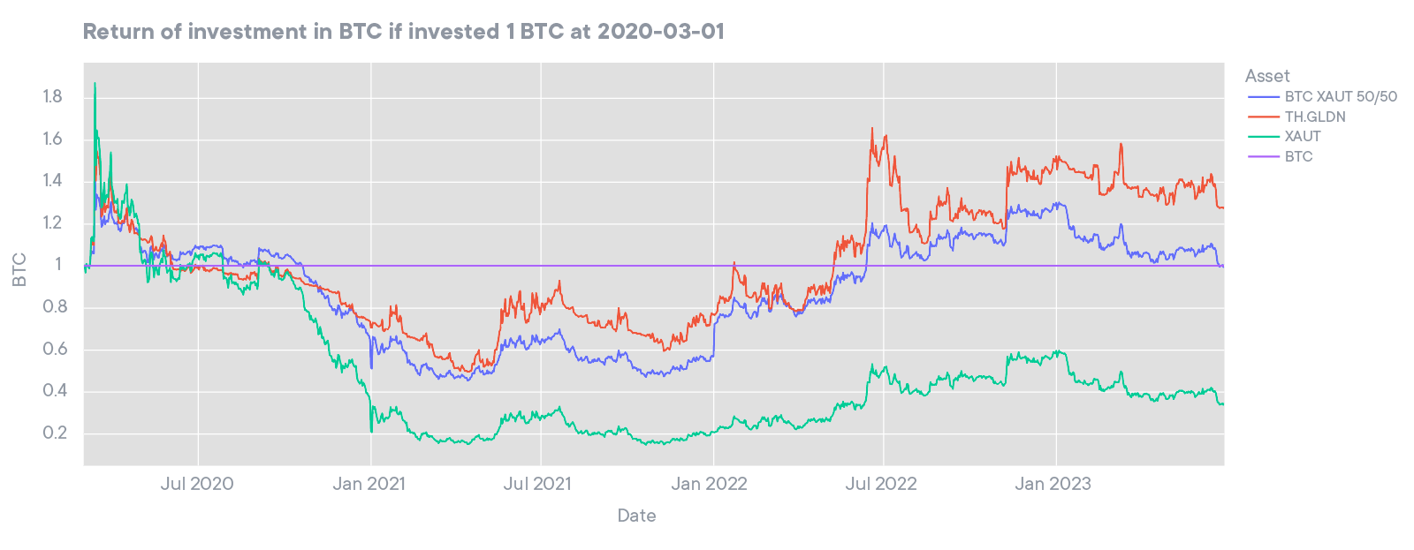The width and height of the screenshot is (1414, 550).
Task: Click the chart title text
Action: [x=403, y=32]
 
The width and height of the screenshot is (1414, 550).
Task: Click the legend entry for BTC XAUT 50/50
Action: [x=1340, y=96]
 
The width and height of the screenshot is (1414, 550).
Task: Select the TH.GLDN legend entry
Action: [x=1314, y=117]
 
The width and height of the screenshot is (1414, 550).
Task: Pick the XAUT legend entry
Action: [x=1302, y=136]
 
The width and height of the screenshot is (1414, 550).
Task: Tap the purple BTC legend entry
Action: [x=1298, y=156]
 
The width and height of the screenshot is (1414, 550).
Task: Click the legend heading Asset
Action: [x=1267, y=76]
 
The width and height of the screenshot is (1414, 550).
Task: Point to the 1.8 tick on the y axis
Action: [x=52, y=96]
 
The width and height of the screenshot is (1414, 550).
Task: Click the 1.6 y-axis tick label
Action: [x=52, y=139]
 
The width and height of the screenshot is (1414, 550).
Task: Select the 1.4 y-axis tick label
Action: [x=52, y=181]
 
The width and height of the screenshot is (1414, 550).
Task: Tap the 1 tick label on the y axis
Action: [x=58, y=265]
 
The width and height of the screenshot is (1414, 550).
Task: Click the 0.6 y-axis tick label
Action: [x=52, y=349]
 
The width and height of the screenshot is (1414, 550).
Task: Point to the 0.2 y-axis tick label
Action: [x=52, y=433]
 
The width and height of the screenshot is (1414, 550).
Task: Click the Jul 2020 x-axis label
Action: [x=197, y=484]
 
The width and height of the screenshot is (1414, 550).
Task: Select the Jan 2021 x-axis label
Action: [x=369, y=484]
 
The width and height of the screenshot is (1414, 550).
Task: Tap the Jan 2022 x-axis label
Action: [x=709, y=484]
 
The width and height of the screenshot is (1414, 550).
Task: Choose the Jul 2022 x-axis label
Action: [x=880, y=484]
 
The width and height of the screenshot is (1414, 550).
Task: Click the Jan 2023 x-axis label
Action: [x=1053, y=484]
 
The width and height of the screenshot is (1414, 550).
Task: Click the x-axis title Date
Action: [x=636, y=516]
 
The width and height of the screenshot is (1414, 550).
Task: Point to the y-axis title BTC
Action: [x=19, y=269]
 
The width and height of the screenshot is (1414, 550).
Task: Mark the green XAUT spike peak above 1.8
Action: [x=95, y=84]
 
